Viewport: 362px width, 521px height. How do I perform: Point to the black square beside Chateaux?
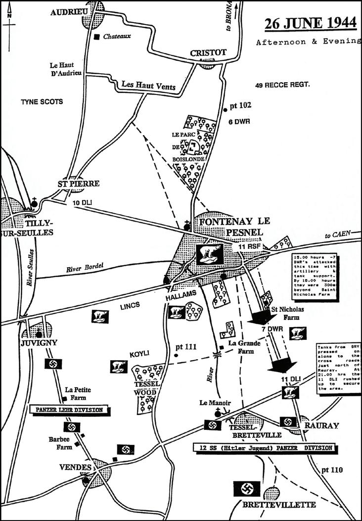(x=97, y=36)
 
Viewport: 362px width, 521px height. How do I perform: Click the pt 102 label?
(x=241, y=105)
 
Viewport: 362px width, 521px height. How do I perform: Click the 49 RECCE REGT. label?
(x=282, y=86)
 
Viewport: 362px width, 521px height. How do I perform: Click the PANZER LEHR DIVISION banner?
(x=70, y=410)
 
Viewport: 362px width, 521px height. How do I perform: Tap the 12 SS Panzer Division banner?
(x=262, y=448)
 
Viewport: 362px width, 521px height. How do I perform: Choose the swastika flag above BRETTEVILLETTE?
(x=247, y=490)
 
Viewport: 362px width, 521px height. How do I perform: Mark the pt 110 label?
(x=331, y=470)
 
